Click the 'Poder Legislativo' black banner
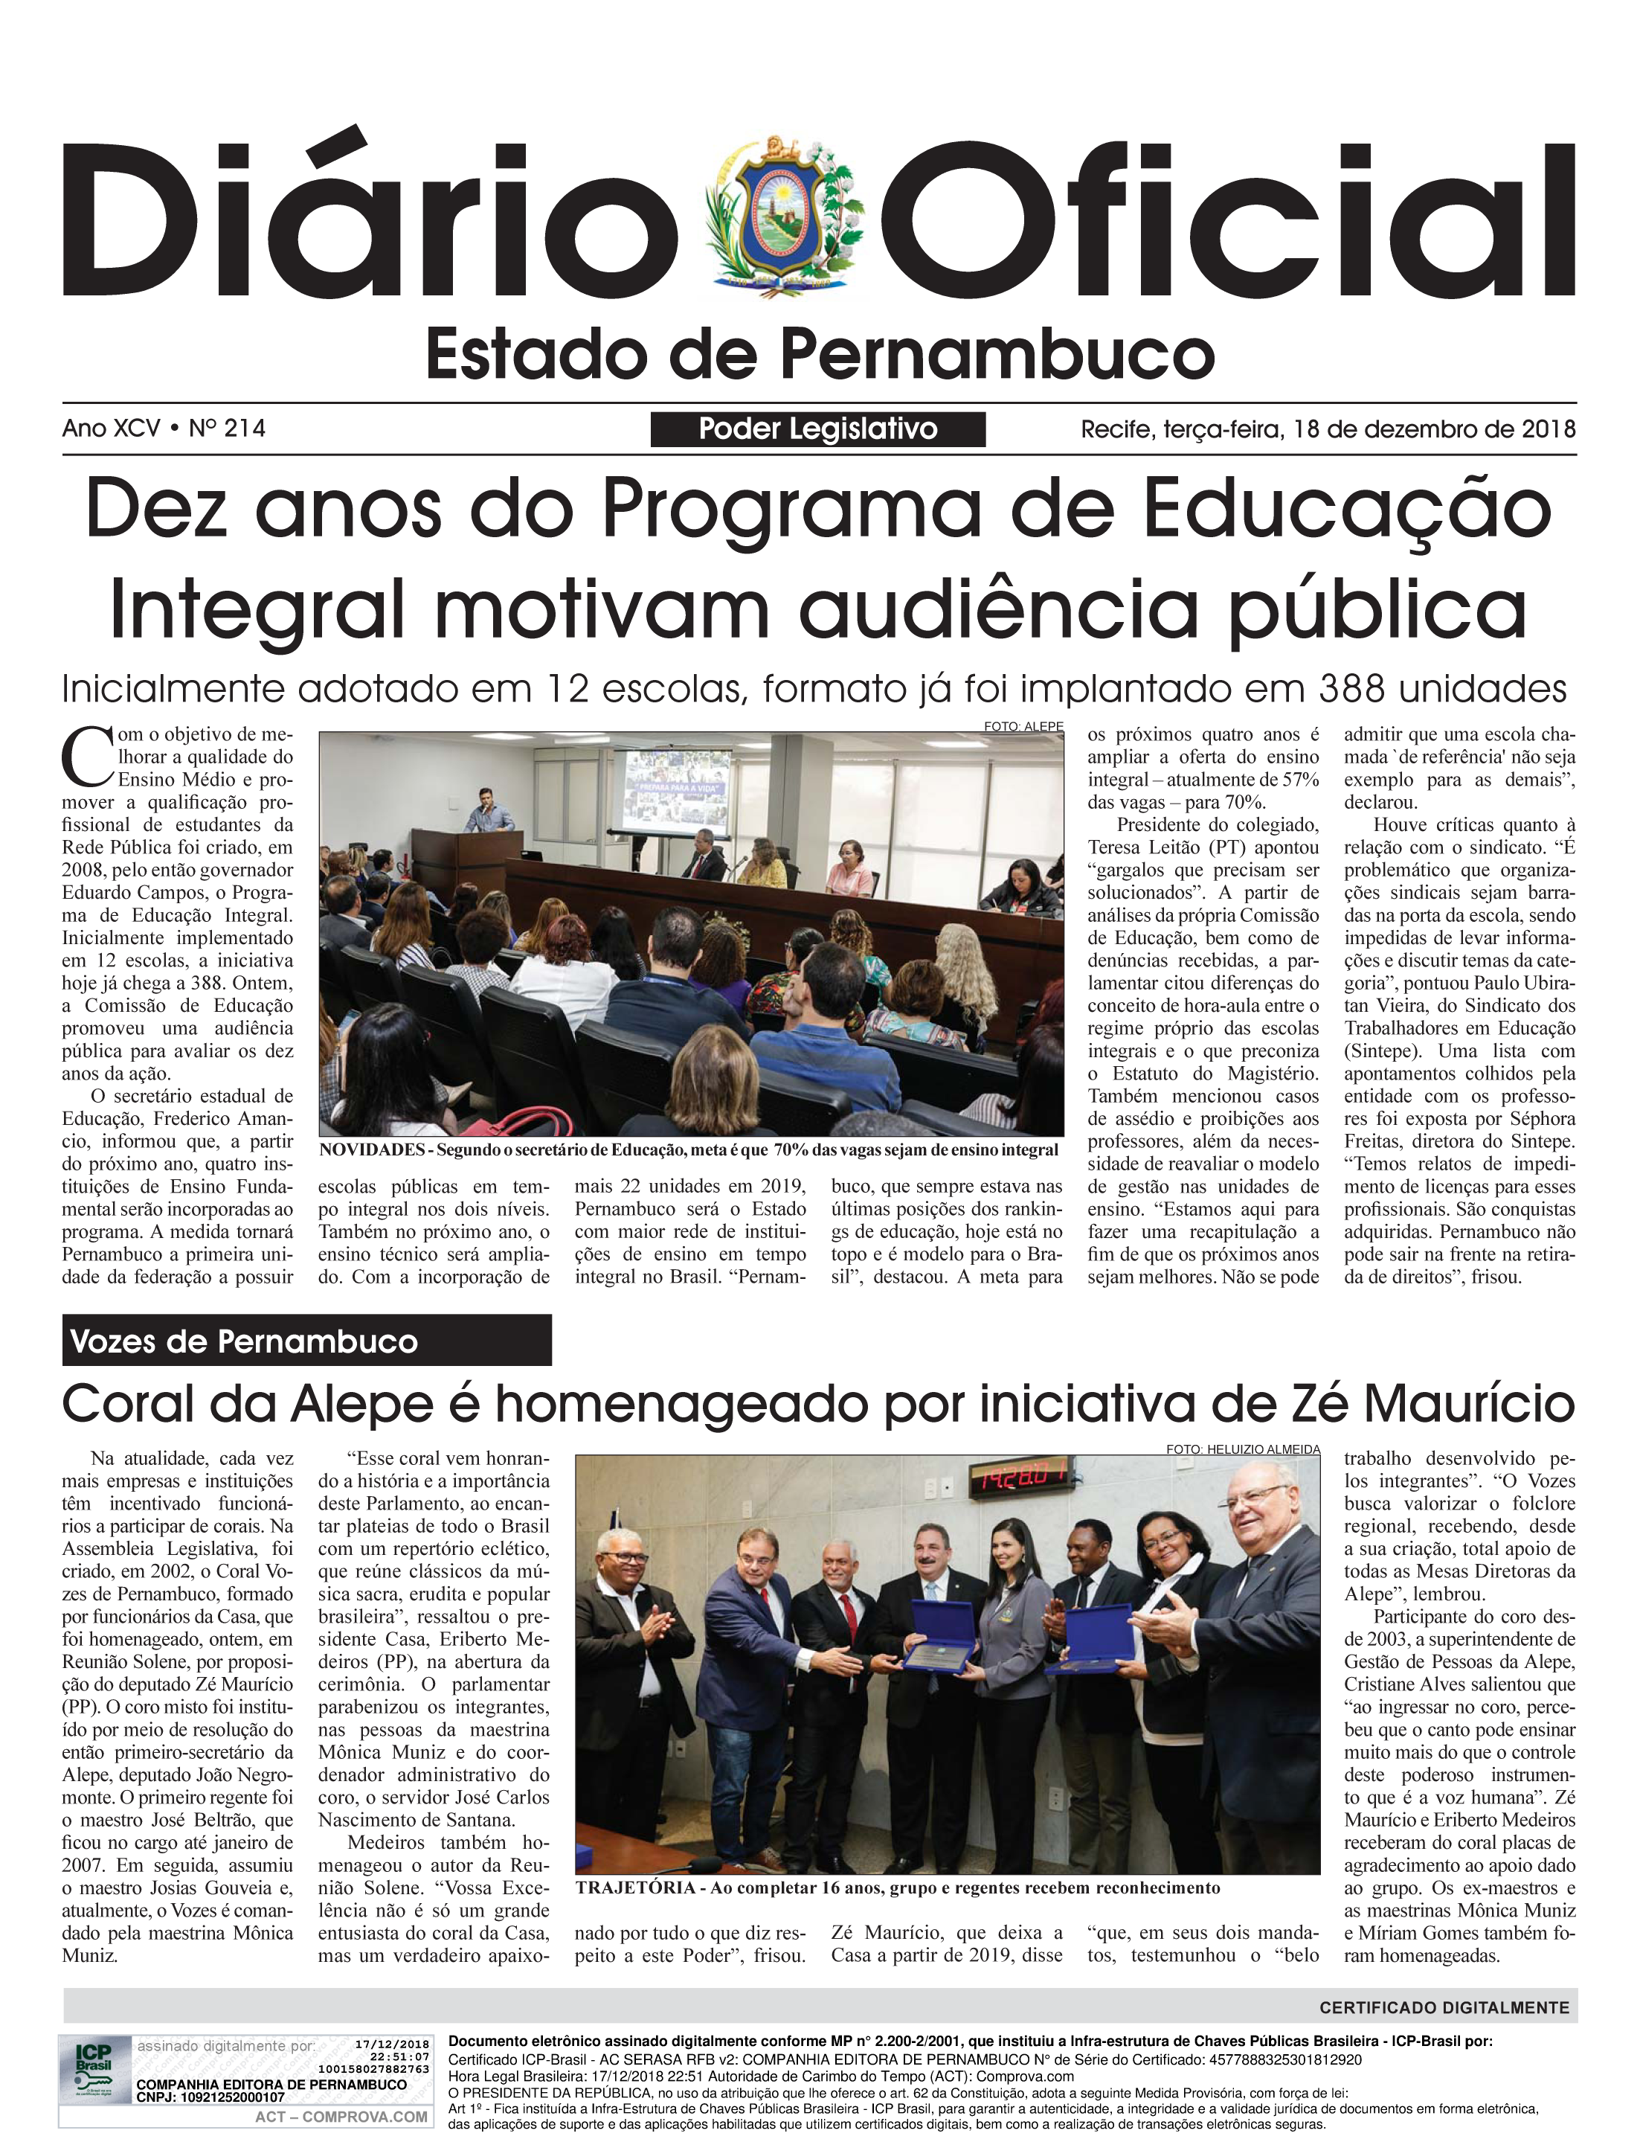point(817,429)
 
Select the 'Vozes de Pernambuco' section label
point(244,1341)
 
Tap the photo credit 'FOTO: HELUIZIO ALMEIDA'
point(1242,1450)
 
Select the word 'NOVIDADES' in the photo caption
point(372,1150)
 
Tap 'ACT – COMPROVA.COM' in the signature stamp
point(341,2117)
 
